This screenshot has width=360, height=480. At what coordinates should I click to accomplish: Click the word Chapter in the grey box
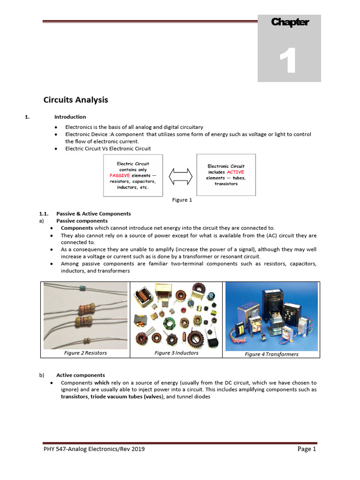click(290, 22)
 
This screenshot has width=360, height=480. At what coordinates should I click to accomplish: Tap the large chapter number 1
click(288, 62)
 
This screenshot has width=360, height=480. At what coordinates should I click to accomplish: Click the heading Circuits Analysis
click(76, 100)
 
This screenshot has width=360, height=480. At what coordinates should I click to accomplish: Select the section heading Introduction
click(70, 117)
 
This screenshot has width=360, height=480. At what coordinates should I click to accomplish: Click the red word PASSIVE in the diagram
click(119, 175)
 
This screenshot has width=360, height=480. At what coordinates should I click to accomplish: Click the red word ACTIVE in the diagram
click(235, 172)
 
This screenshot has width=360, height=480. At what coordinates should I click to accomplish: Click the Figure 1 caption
click(182, 200)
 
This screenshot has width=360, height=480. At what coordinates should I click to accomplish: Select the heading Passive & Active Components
click(93, 214)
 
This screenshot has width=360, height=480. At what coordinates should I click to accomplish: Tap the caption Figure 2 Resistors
click(85, 353)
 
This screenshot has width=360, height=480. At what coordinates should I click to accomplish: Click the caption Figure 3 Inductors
click(176, 353)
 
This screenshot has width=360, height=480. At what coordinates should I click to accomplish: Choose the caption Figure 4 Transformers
click(271, 354)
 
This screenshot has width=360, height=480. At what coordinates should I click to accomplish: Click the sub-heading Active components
click(81, 375)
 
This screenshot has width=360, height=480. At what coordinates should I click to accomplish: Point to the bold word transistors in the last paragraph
click(75, 396)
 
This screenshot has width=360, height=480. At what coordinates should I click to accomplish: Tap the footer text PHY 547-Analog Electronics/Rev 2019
click(94, 449)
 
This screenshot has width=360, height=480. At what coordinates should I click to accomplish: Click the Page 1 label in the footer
click(307, 449)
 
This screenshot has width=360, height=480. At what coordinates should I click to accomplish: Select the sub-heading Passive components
click(82, 221)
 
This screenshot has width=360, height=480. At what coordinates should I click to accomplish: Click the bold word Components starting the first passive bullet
click(77, 228)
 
